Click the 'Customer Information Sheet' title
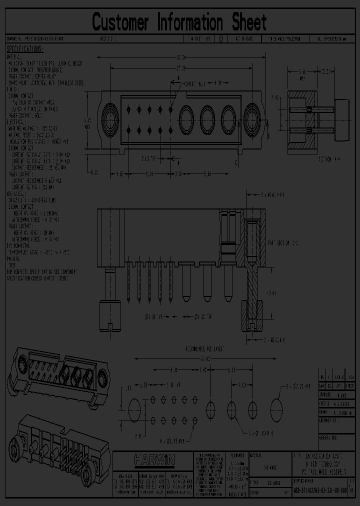(179, 22)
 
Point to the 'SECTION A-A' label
(329, 158)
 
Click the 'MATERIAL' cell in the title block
(258, 455)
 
